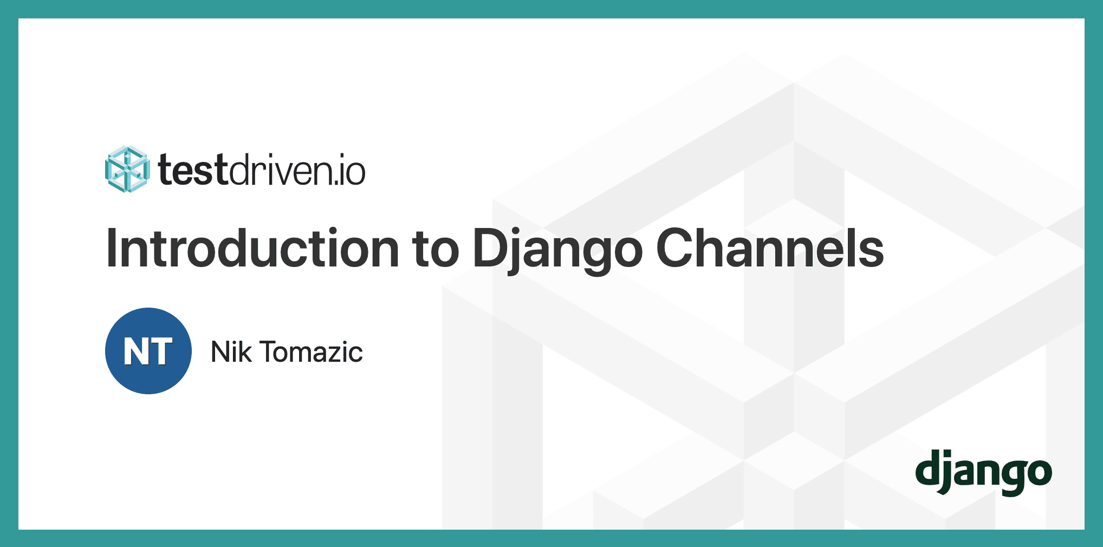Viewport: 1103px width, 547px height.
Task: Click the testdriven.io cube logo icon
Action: (x=127, y=169)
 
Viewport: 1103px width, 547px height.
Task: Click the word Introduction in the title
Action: (x=252, y=249)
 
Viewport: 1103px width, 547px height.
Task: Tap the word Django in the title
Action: (x=557, y=250)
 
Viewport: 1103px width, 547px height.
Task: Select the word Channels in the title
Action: (x=770, y=249)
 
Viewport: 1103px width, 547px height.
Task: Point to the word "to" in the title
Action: (x=436, y=250)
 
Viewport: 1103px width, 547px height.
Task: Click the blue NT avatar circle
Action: (x=148, y=351)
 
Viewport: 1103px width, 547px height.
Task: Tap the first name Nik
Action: (x=231, y=352)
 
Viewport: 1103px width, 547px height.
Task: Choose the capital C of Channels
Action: (x=674, y=249)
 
